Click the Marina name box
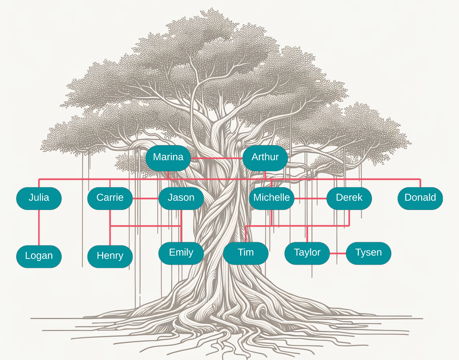(x=168, y=158)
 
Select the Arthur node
(x=265, y=158)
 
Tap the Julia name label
(x=39, y=198)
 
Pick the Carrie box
(x=110, y=198)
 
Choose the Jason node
(x=181, y=198)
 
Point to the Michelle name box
(x=272, y=198)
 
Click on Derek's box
(x=349, y=198)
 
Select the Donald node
(x=420, y=198)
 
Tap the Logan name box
(x=39, y=256)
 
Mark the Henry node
(x=110, y=256)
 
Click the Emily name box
(x=181, y=253)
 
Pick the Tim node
(x=246, y=253)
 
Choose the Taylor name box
(x=307, y=253)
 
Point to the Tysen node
(x=368, y=253)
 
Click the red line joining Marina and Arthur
(x=217, y=158)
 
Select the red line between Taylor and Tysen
(x=338, y=253)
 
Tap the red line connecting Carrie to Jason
(x=145, y=198)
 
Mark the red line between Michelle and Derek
(x=310, y=198)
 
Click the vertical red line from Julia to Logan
(x=39, y=227)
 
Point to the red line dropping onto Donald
(x=420, y=183)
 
